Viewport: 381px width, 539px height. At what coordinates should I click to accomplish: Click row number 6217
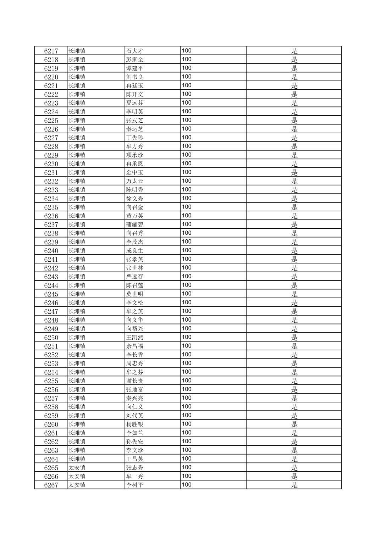51,51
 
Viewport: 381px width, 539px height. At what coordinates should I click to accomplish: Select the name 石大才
135,51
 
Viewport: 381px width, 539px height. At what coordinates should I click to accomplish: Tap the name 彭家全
135,60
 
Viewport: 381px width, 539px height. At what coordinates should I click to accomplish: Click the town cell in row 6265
77,468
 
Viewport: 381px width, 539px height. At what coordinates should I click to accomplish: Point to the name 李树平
135,485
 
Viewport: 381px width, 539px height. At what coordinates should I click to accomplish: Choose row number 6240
51,251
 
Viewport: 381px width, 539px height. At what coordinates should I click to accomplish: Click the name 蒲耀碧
135,224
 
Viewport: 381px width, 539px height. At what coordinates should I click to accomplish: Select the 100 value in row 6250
187,337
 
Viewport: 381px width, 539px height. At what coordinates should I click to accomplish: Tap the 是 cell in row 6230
294,164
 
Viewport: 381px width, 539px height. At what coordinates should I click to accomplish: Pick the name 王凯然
135,338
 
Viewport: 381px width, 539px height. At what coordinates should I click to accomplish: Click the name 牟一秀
135,476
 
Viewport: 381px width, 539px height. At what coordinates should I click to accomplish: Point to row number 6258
51,407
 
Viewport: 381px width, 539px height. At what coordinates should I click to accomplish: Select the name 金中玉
135,172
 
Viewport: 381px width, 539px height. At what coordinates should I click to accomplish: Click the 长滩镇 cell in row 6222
77,94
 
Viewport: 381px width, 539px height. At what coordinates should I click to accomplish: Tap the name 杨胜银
135,424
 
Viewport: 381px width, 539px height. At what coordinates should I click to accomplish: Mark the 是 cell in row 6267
294,485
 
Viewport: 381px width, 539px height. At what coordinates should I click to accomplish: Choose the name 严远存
135,277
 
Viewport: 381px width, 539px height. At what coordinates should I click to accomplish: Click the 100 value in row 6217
187,50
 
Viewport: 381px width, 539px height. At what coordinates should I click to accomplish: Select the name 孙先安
135,442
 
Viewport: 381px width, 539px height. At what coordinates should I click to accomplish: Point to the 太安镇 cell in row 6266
77,476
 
